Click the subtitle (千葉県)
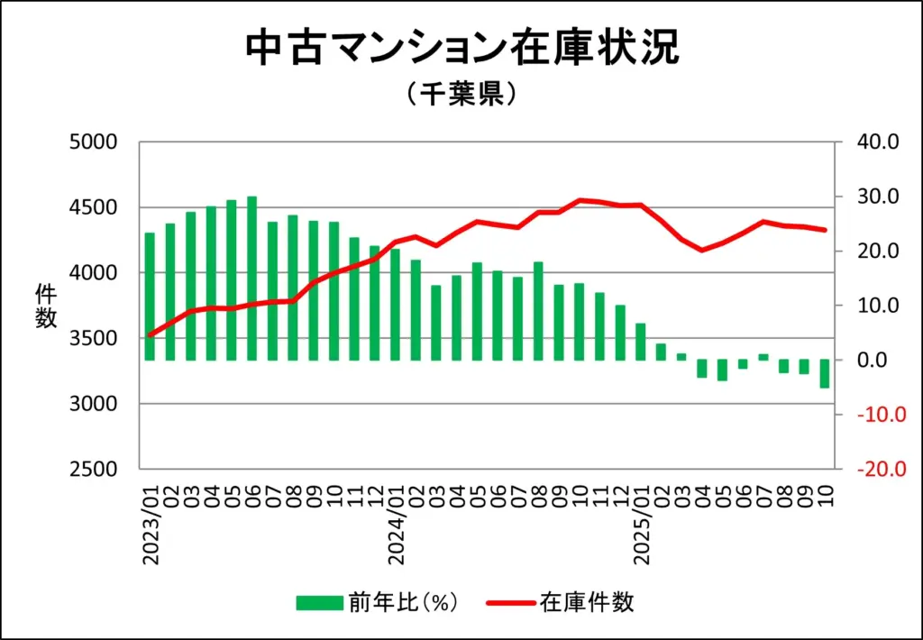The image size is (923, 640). [x=461, y=95]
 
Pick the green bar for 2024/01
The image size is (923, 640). [x=396, y=304]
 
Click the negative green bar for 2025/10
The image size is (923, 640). [x=825, y=373]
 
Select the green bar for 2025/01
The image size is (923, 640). [x=641, y=342]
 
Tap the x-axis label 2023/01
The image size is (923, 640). [x=151, y=526]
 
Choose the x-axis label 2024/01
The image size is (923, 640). [x=397, y=526]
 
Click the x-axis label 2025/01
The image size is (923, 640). [x=642, y=526]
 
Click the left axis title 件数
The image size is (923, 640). [x=45, y=305]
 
